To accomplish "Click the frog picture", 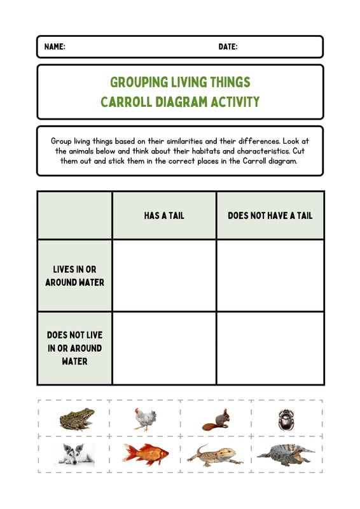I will pyautogui.click(x=76, y=419).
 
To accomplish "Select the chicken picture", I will pyautogui.click(x=145, y=419).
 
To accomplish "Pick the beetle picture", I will pyautogui.click(x=284, y=419).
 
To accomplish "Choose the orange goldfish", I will pyautogui.click(x=145, y=454).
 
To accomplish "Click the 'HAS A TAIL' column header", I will pyautogui.click(x=164, y=216).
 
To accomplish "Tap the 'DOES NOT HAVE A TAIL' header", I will pyautogui.click(x=270, y=216).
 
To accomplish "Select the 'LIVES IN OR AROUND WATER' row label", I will pyautogui.click(x=74, y=275).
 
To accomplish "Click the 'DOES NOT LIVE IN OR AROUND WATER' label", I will pyautogui.click(x=74, y=348).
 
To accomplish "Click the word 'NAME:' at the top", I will pyautogui.click(x=55, y=47).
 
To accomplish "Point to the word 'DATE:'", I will pyautogui.click(x=228, y=47).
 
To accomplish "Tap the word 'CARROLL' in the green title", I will pyautogui.click(x=127, y=102).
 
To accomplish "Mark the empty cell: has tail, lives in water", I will pyautogui.click(x=164, y=275).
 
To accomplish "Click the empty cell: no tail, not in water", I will pyautogui.click(x=270, y=348).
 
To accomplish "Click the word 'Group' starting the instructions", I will pyautogui.click(x=61, y=140).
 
